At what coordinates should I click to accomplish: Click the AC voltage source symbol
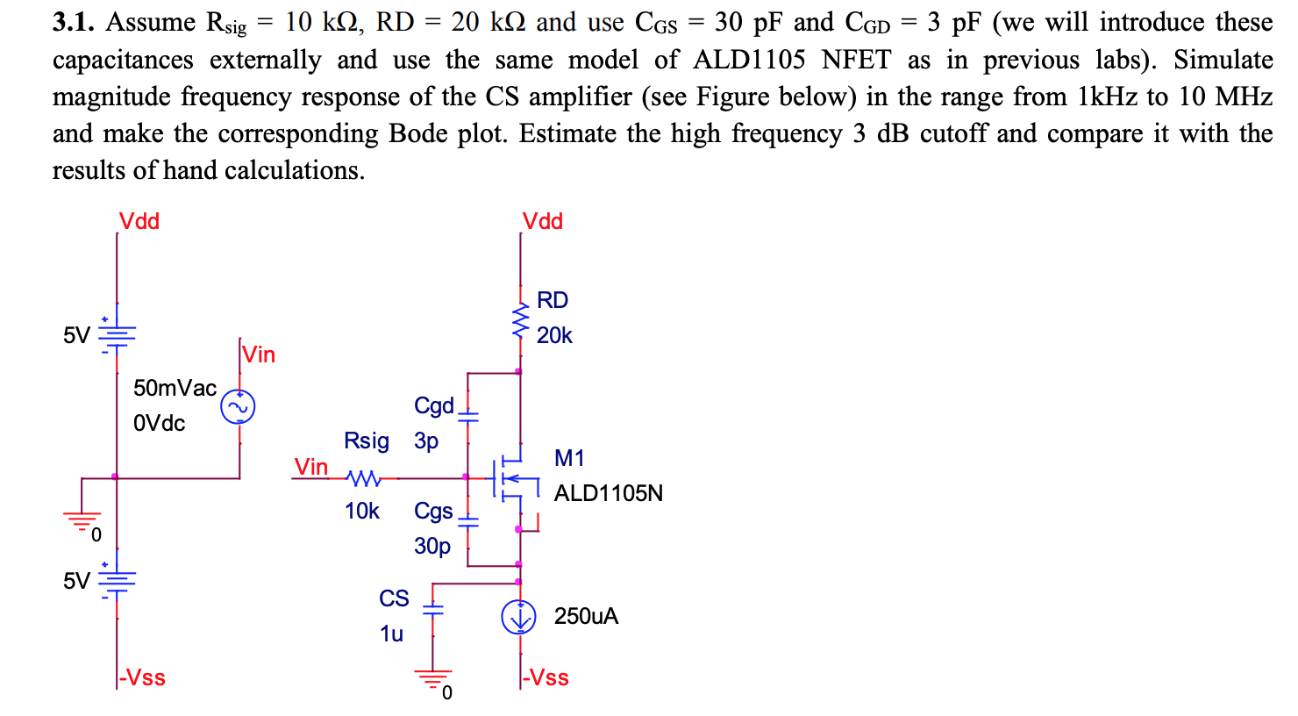click(x=238, y=407)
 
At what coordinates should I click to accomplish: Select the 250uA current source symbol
click(x=518, y=617)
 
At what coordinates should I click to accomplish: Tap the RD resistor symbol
click(x=521, y=320)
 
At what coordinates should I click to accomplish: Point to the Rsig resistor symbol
click(x=363, y=478)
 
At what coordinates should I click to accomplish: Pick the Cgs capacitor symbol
click(x=467, y=520)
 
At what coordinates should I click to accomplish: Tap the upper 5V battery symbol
click(x=117, y=334)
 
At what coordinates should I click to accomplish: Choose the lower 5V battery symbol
click(x=117, y=580)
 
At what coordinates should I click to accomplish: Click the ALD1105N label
click(x=608, y=493)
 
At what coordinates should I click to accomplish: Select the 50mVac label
click(x=175, y=388)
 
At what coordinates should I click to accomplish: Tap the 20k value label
click(x=554, y=335)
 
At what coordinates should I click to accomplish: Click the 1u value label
click(x=391, y=634)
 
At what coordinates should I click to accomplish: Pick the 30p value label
click(x=432, y=546)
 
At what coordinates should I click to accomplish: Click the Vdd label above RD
click(x=542, y=221)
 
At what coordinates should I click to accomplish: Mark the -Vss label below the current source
click(x=546, y=677)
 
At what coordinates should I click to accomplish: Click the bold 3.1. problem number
click(x=73, y=23)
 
